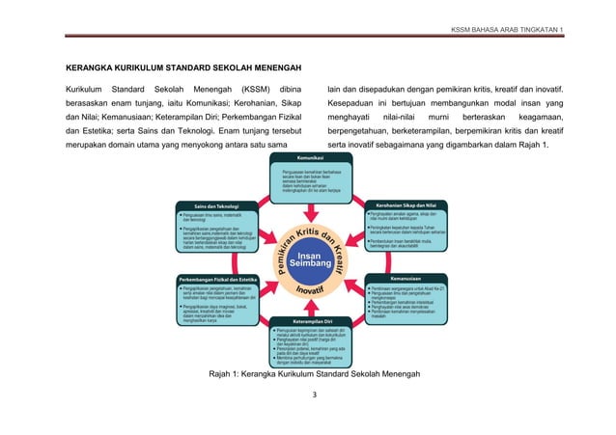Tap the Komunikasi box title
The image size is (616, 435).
pos(308,156)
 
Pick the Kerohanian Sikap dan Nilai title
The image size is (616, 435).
pos(406,205)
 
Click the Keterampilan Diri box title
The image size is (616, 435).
pos(308,320)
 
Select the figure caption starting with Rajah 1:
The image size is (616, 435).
pos(308,373)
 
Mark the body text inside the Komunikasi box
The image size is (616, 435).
pos(308,179)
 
